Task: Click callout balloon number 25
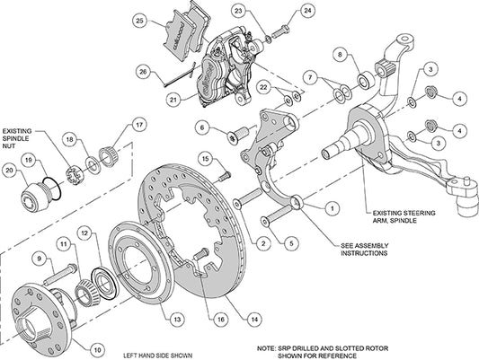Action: pos(138,20)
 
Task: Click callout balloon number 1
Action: pos(333,207)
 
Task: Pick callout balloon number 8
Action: pos(340,57)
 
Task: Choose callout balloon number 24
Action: pos(306,10)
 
